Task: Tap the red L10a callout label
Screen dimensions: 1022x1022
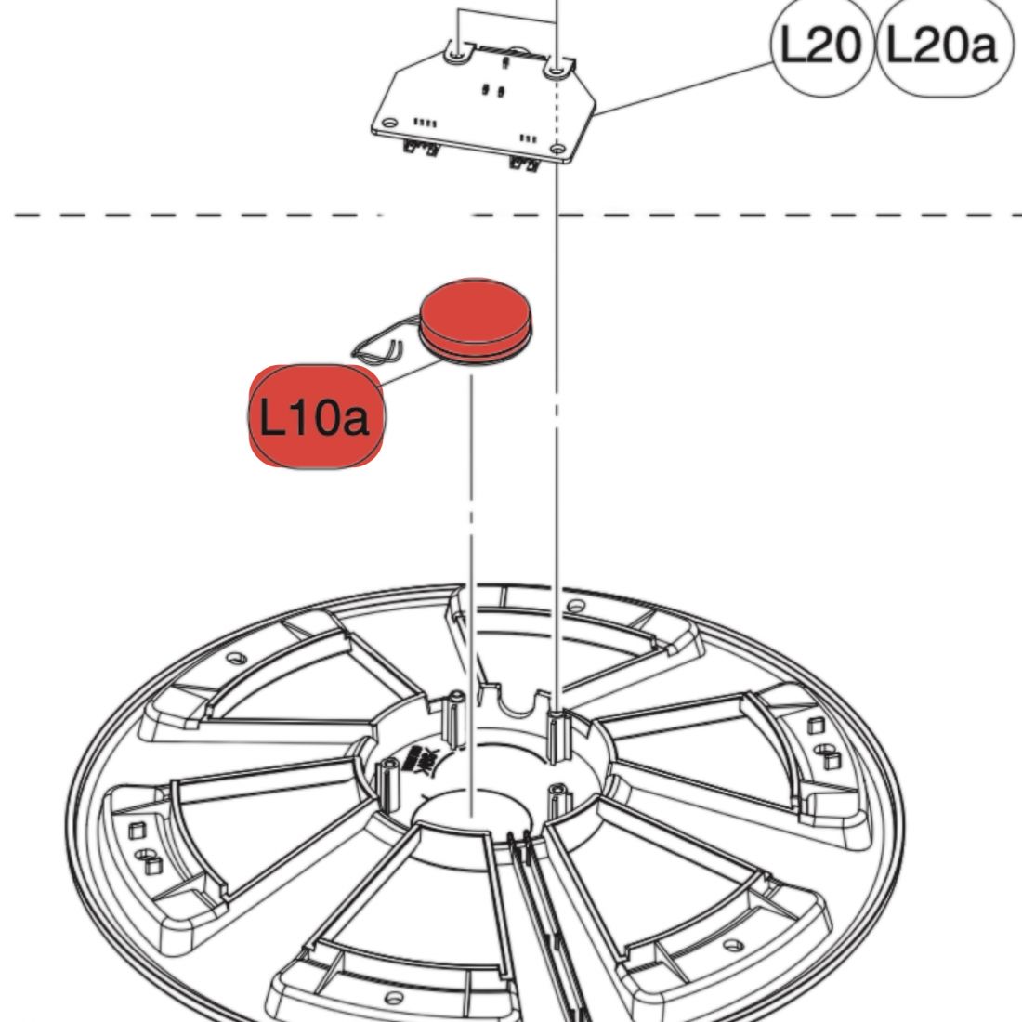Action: [316, 417]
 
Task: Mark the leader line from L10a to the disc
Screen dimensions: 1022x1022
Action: [409, 375]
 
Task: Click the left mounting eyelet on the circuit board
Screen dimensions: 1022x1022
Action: [455, 55]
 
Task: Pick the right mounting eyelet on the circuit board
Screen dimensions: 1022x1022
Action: [554, 67]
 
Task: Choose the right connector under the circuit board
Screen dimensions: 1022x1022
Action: [524, 164]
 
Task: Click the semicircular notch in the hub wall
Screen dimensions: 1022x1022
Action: [518, 706]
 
